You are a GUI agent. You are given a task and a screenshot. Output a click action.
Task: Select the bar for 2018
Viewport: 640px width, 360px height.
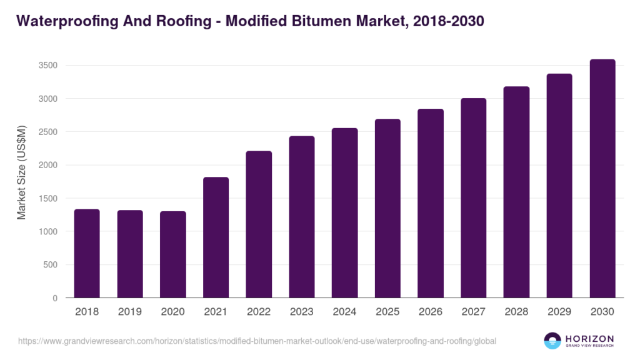tap(87, 253)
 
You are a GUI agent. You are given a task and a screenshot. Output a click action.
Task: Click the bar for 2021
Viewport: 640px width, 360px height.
tap(216, 237)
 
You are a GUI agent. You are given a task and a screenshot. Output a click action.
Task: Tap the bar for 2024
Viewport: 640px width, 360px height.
tap(344, 213)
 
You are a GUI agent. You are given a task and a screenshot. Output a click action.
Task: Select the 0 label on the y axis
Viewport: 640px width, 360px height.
tap(55, 298)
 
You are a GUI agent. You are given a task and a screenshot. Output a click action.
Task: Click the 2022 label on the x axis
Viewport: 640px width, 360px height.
tap(259, 311)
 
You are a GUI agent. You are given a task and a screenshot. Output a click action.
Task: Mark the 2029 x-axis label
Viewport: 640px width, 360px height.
tap(559, 311)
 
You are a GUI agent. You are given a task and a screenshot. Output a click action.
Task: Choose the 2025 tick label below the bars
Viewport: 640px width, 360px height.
tap(387, 311)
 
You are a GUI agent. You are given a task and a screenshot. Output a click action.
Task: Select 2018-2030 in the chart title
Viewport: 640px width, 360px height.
tap(449, 21)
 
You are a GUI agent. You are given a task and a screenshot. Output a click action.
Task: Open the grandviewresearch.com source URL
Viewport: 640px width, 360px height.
tap(257, 341)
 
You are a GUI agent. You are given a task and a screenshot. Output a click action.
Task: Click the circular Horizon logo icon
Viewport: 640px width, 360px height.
tap(552, 341)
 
